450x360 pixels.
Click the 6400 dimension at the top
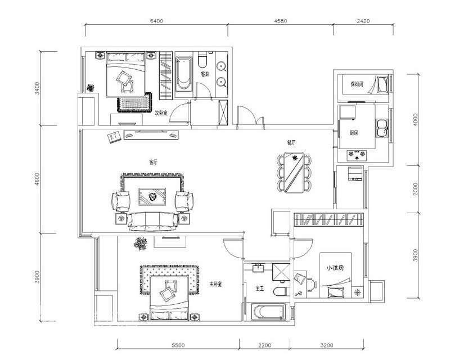click(156, 21)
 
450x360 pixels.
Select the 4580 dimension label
click(281, 21)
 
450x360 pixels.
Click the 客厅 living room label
click(153, 162)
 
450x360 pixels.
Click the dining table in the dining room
click(294, 172)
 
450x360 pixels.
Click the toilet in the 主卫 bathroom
click(280, 291)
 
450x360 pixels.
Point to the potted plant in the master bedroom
click(140, 244)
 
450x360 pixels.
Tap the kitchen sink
click(383, 128)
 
